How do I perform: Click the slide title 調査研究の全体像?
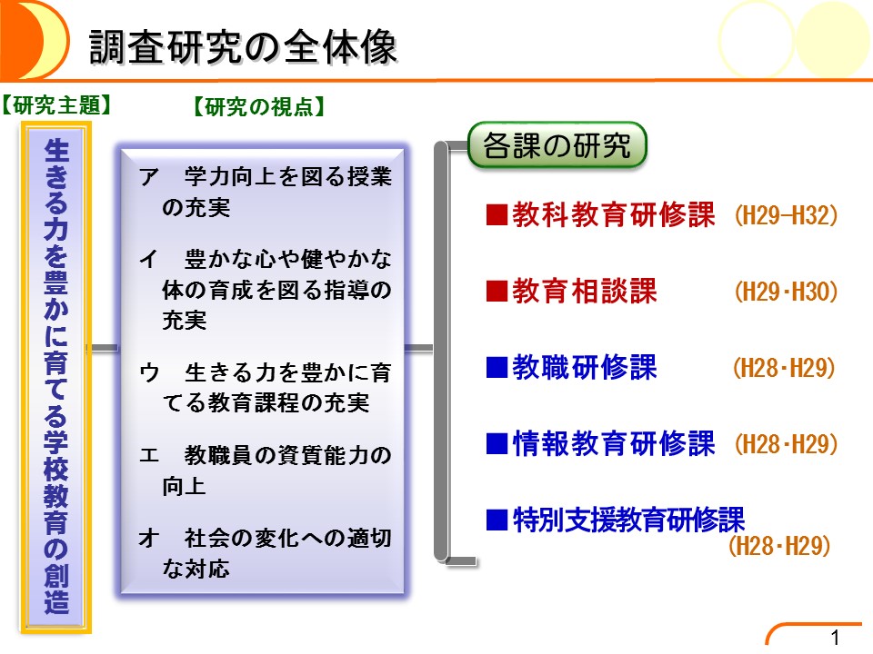(243, 46)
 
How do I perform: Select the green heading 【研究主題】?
(56, 105)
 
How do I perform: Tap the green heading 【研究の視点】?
(259, 106)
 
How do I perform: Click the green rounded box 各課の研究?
(557, 145)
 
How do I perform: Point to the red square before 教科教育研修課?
(497, 215)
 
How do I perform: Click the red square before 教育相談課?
(497, 291)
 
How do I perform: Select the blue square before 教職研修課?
(497, 368)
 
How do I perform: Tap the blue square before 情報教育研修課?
(497, 444)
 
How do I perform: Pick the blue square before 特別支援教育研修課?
(497, 520)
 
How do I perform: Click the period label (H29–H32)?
(786, 216)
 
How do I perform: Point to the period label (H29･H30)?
(786, 292)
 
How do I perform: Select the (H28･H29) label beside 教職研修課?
(784, 368)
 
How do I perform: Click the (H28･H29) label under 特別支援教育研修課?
(779, 546)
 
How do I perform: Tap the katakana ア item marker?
(149, 177)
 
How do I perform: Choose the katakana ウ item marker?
(149, 372)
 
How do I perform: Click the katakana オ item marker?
(149, 538)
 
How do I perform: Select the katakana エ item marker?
(149, 455)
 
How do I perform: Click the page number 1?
(835, 638)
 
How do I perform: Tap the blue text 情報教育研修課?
(613, 444)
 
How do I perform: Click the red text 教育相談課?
(584, 291)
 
